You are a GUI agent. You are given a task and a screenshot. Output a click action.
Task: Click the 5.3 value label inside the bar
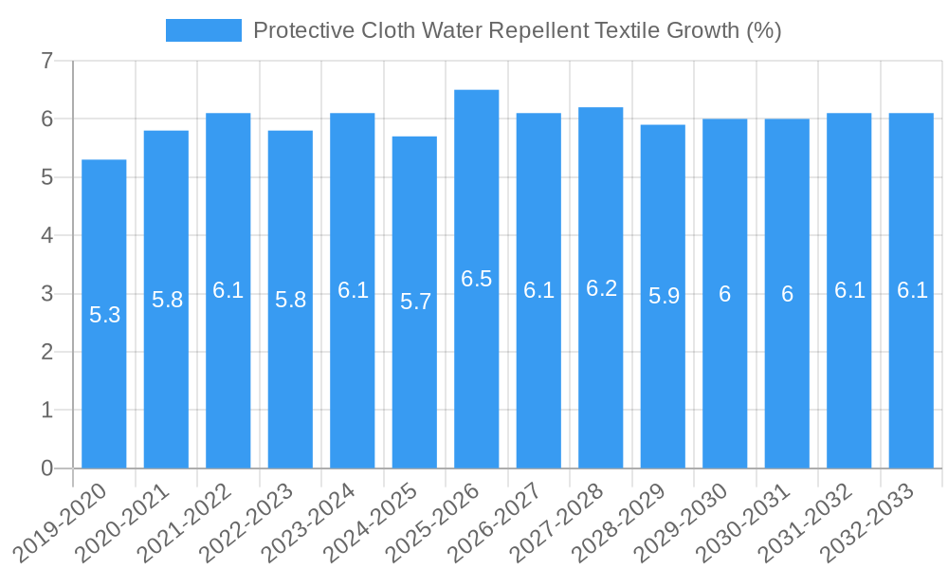pos(104,315)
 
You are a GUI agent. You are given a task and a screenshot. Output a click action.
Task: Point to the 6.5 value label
pos(477,279)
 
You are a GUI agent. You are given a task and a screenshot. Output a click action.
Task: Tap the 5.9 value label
pos(664,296)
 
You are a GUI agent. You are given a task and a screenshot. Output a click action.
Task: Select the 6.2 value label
pos(601,288)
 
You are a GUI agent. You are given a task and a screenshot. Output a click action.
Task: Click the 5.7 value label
pos(415,302)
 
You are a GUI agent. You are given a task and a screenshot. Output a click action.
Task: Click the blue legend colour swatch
pos(203,30)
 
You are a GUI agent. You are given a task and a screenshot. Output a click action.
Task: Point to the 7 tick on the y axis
pos(46,62)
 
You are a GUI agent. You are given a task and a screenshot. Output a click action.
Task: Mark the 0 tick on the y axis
pos(46,468)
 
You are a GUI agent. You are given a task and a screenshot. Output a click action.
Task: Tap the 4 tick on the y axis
pos(46,236)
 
